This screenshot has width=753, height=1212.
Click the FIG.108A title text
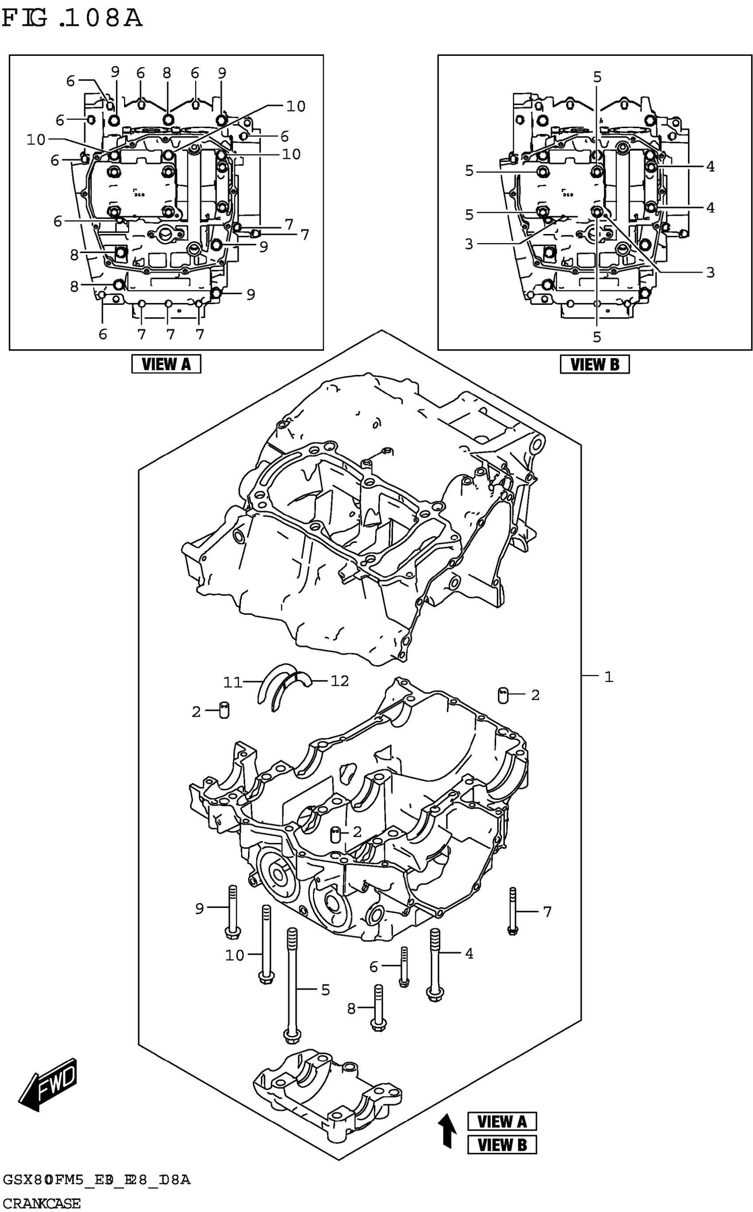coord(72,19)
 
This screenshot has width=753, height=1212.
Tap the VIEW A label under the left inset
coord(166,364)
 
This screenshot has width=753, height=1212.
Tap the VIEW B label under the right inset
coord(594,364)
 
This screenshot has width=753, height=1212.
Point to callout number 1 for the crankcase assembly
coord(608,677)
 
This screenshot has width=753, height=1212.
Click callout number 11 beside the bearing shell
coord(232,682)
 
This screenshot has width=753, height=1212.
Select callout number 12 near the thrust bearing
coord(340,681)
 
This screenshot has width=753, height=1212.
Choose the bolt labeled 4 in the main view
coord(435,964)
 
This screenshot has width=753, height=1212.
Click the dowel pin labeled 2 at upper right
coord(503,694)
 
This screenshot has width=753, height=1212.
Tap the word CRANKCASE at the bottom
coord(41,1204)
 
